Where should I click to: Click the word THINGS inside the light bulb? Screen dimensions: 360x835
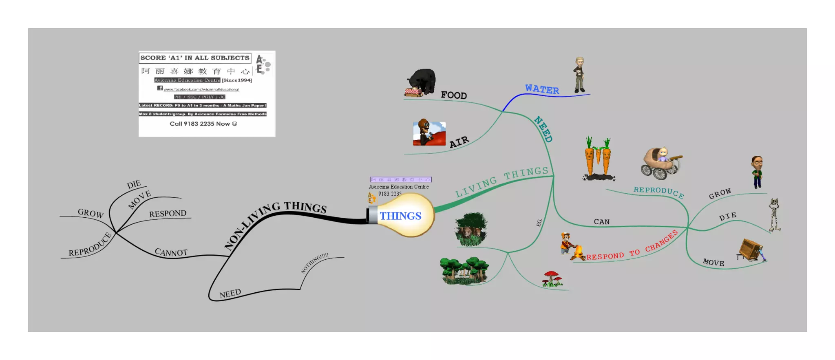tap(400, 216)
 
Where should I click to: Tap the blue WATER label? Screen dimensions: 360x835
tap(542, 89)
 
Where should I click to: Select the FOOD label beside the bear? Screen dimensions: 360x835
tap(454, 95)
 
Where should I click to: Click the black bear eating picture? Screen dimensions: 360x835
tap(422, 83)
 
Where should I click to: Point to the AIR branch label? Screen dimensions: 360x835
tap(459, 142)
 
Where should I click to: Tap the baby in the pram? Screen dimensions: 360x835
tap(663, 155)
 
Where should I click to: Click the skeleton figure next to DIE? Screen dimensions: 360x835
tap(774, 214)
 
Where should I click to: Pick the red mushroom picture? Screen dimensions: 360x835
tap(552, 278)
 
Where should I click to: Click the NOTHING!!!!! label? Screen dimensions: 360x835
tap(314, 263)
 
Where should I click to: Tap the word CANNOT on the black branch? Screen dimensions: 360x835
tap(171, 253)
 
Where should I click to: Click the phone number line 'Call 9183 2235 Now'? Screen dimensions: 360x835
tap(203, 124)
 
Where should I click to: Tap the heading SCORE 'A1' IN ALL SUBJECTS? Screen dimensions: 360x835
tap(195, 58)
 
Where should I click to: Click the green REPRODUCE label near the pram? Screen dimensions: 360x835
tap(658, 192)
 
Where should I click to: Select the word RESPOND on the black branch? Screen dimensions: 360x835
tap(168, 214)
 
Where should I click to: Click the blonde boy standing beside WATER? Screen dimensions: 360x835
tap(579, 75)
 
